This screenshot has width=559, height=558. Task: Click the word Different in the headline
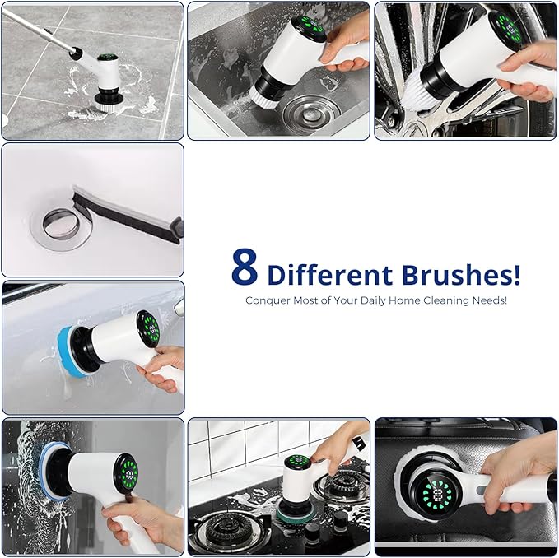click(330, 273)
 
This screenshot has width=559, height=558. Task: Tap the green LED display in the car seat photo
click(434, 495)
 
